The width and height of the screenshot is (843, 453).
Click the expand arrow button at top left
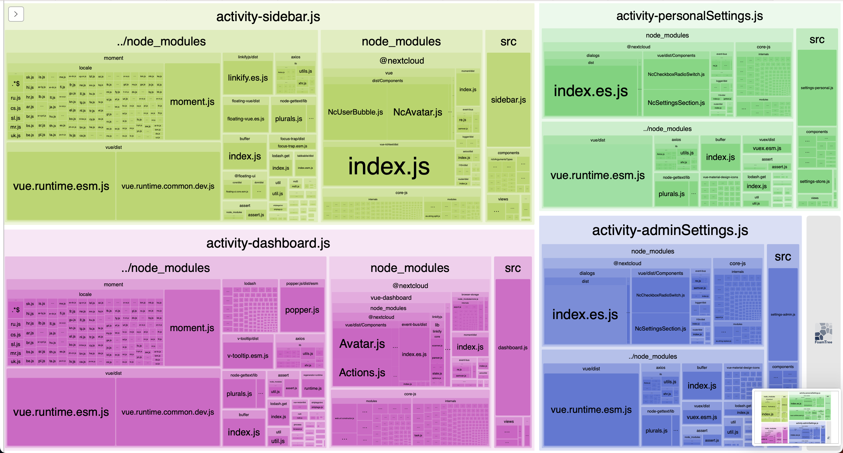click(x=16, y=14)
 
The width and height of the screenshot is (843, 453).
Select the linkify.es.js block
click(x=248, y=78)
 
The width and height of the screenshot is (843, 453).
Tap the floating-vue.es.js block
click(x=246, y=119)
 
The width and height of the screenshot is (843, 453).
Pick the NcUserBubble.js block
click(x=355, y=112)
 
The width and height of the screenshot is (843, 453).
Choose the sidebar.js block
click(x=508, y=100)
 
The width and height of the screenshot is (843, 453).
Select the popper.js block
click(x=302, y=310)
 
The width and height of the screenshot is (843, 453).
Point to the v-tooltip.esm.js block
click(x=248, y=355)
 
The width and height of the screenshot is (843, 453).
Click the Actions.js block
click(x=362, y=372)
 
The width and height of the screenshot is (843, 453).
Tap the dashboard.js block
click(x=513, y=347)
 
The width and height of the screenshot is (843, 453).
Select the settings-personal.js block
click(x=816, y=88)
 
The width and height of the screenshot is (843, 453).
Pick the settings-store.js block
click(x=815, y=181)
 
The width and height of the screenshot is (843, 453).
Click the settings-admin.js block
click(x=782, y=314)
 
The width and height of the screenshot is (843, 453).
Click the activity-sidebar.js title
click(x=268, y=16)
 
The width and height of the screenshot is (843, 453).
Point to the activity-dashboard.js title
click(x=268, y=243)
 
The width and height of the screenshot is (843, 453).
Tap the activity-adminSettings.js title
click(x=670, y=230)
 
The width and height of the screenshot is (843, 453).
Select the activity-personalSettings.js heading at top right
click(x=689, y=16)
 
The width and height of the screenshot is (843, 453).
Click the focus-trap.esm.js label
click(x=292, y=146)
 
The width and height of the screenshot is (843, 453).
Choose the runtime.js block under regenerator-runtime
click(x=313, y=388)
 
